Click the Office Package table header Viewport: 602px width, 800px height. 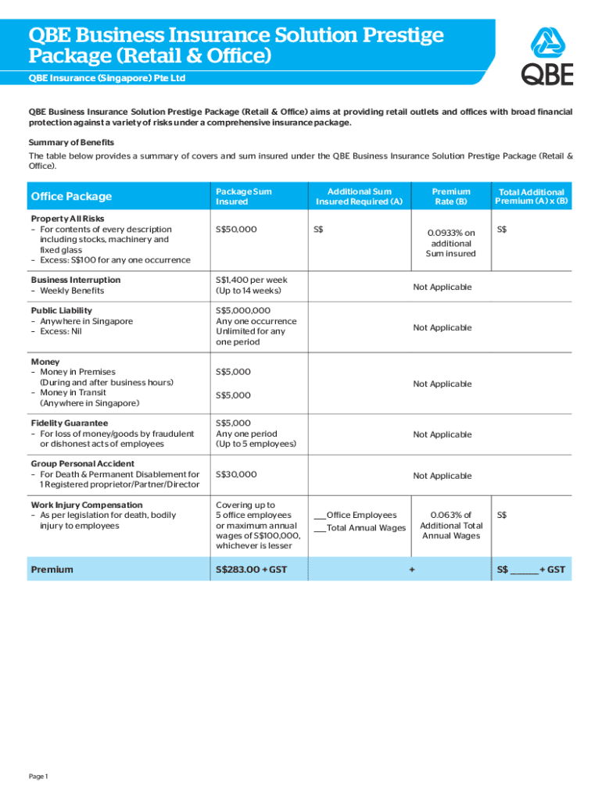point(71,197)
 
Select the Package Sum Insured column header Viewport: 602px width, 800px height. point(243,196)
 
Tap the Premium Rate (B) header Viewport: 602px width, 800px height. point(451,196)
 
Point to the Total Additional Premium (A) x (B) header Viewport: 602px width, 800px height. point(531,196)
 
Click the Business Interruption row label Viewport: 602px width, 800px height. point(76,280)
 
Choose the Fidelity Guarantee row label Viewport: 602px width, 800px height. point(70,423)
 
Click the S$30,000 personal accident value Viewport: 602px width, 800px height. point(236,474)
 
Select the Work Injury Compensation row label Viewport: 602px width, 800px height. point(87,505)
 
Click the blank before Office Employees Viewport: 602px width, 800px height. point(319,516)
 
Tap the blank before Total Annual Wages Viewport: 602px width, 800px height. point(319,529)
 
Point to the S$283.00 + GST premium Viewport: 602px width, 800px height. point(251,570)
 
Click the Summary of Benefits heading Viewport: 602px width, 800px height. point(72,142)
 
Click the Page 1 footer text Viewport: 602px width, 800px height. point(39,777)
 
